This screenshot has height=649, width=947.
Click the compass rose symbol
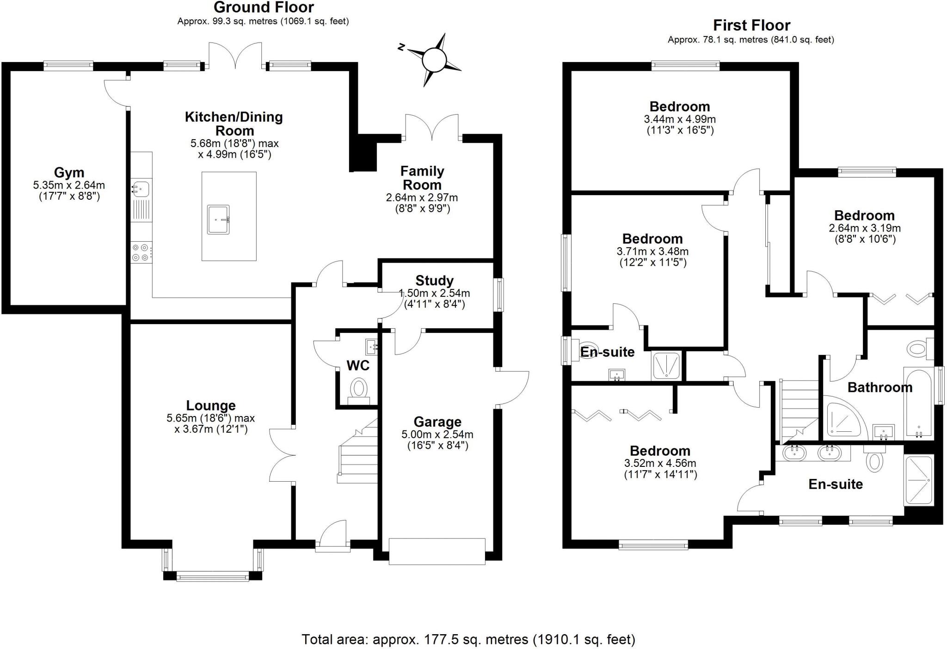pyautogui.click(x=434, y=60)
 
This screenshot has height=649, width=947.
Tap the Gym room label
pyautogui.click(x=69, y=172)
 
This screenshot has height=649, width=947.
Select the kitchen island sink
pyautogui.click(x=218, y=220)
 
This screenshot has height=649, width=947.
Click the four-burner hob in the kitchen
pyautogui.click(x=141, y=252)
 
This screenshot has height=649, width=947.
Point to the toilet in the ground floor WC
pyautogui.click(x=358, y=388)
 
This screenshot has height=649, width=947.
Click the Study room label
pyautogui.click(x=434, y=281)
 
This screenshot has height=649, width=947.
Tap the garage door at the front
pyautogui.click(x=437, y=551)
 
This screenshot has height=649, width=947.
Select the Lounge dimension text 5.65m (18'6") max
pyautogui.click(x=210, y=418)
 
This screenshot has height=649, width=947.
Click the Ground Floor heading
pyautogui.click(x=264, y=7)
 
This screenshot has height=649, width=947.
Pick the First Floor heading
pyautogui.click(x=751, y=25)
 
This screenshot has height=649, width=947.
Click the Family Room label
pyautogui.click(x=422, y=178)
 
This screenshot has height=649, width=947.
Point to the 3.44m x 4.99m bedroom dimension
pyautogui.click(x=679, y=119)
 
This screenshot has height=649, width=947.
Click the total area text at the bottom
pyautogui.click(x=468, y=639)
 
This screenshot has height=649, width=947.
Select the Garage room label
pyautogui.click(x=437, y=422)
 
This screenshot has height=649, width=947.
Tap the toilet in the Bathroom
pyautogui.click(x=919, y=348)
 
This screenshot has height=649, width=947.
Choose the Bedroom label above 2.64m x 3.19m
pyautogui.click(x=864, y=215)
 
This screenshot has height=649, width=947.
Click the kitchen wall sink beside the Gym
pyautogui.click(x=141, y=189)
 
